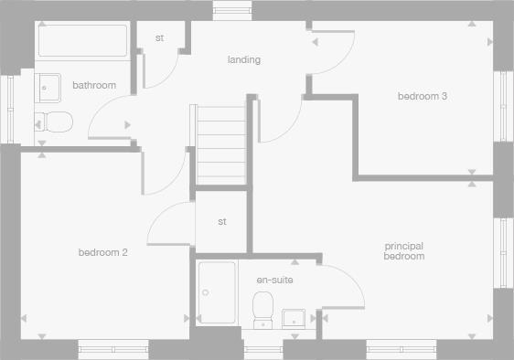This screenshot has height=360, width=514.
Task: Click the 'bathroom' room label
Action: [94, 86]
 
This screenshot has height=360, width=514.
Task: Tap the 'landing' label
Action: [244, 60]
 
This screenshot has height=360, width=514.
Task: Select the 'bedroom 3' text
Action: [422, 96]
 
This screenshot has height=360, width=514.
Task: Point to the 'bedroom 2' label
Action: [102, 252]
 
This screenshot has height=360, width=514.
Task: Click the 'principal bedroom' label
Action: [404, 251]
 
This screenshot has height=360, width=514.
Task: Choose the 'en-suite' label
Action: [274, 280]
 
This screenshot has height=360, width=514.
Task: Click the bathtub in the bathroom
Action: [82, 41]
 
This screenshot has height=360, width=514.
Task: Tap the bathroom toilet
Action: [53, 122]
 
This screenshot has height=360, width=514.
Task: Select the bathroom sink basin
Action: [49, 88]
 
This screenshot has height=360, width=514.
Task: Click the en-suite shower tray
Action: [216, 292]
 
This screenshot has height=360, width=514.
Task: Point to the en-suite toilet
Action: [263, 307]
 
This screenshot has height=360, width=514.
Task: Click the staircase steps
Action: [220, 143]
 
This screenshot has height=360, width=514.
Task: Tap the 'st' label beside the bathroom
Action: [159, 38]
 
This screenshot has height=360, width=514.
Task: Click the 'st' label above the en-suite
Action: [222, 222]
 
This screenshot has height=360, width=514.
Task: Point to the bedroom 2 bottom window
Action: [112, 347]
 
